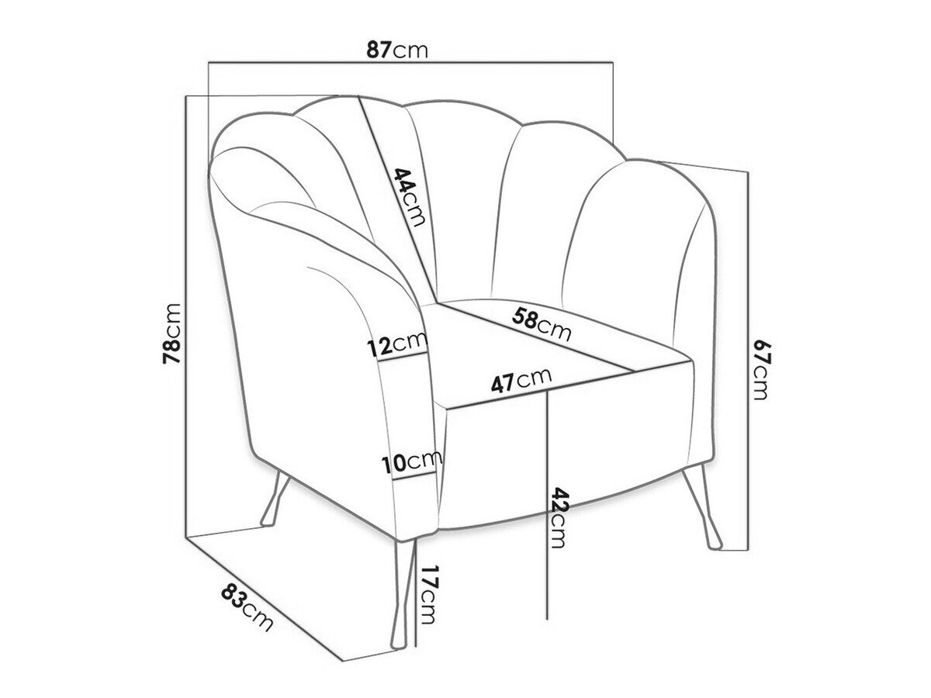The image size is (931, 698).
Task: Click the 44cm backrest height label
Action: (x=409, y=196)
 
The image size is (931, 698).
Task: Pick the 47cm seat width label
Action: (x=521, y=381)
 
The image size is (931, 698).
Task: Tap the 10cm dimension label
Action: (x=410, y=463)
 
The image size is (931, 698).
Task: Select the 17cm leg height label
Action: (x=429, y=595)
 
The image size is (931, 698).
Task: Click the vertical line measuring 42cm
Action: (x=549, y=504)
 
